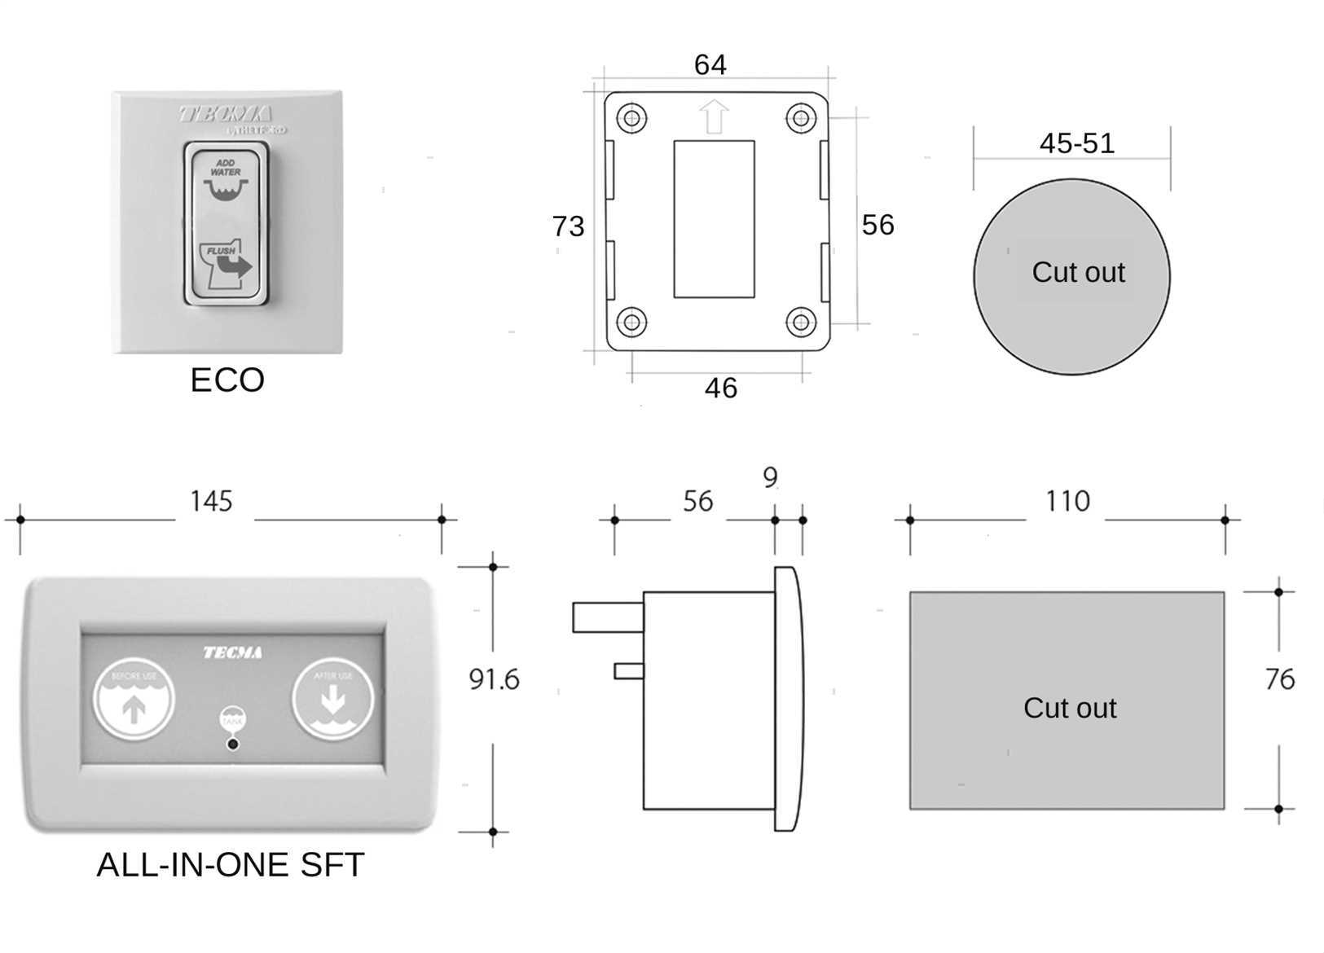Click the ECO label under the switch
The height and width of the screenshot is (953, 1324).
(x=227, y=380)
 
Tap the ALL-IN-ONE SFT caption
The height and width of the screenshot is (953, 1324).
(x=230, y=865)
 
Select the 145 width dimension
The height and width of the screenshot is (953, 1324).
(x=211, y=501)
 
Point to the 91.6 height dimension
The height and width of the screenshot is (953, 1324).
(x=494, y=679)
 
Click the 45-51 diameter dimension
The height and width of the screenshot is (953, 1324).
(x=1076, y=143)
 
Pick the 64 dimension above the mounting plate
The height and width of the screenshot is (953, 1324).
(x=710, y=64)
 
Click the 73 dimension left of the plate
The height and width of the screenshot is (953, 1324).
(x=568, y=226)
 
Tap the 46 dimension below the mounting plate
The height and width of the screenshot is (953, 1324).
(x=720, y=389)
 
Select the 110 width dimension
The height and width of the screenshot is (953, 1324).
(x=1067, y=501)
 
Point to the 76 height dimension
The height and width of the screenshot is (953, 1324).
(x=1280, y=679)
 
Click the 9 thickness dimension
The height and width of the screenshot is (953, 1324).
(x=770, y=477)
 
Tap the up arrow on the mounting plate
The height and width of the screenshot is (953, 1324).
(x=714, y=116)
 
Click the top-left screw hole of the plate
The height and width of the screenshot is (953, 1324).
(x=631, y=117)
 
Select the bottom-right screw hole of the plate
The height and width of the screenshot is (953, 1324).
(x=801, y=322)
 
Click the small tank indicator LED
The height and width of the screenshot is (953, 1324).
(x=233, y=744)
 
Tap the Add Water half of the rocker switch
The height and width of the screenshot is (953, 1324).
(x=226, y=181)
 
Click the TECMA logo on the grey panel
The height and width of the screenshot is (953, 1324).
(x=232, y=652)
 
